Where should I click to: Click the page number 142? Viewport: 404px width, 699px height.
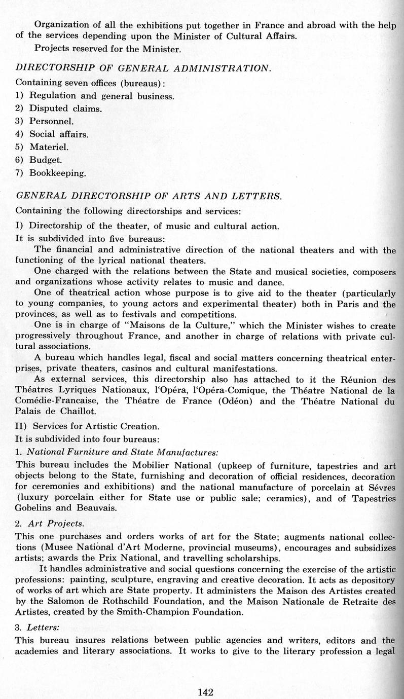(206, 692)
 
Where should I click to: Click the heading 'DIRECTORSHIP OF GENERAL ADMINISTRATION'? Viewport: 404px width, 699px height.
(143, 68)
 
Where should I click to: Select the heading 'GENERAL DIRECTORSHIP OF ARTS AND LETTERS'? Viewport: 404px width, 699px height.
(149, 196)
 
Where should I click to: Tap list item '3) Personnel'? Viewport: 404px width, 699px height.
(45, 121)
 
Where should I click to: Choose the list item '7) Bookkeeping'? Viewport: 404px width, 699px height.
(51, 173)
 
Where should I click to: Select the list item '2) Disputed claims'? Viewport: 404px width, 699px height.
(59, 108)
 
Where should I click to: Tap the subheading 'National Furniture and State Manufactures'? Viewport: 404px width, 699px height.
(122, 451)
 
